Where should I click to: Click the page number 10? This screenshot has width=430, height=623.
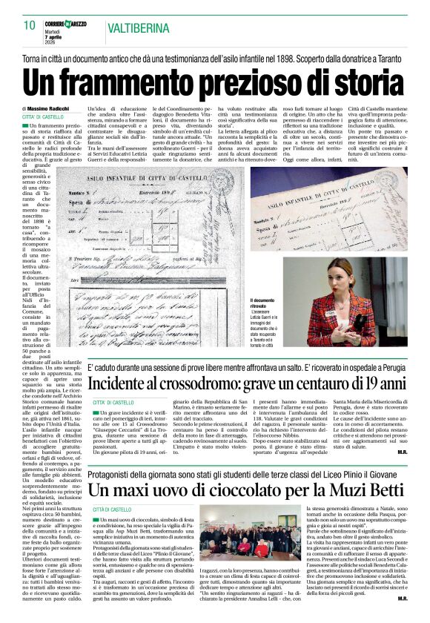coord(30,25)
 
